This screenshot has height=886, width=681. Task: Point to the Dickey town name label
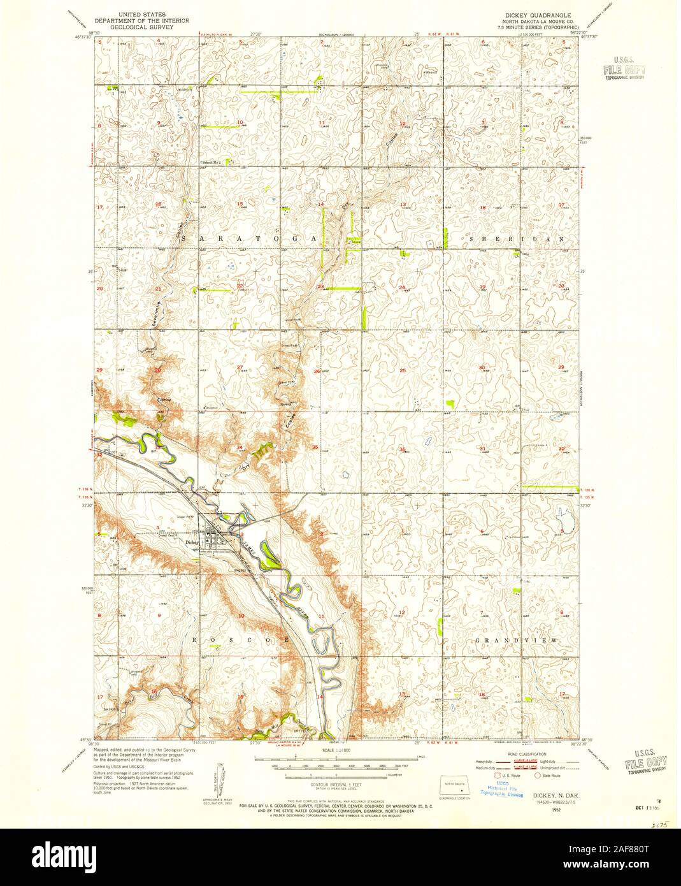click(192, 542)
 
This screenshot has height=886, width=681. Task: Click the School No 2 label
click(213, 163)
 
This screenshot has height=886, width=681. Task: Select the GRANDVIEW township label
click(516, 639)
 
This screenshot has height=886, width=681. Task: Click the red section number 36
click(402, 450)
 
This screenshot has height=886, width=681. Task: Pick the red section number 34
click(240, 447)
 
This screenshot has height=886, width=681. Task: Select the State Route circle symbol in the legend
click(537, 776)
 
